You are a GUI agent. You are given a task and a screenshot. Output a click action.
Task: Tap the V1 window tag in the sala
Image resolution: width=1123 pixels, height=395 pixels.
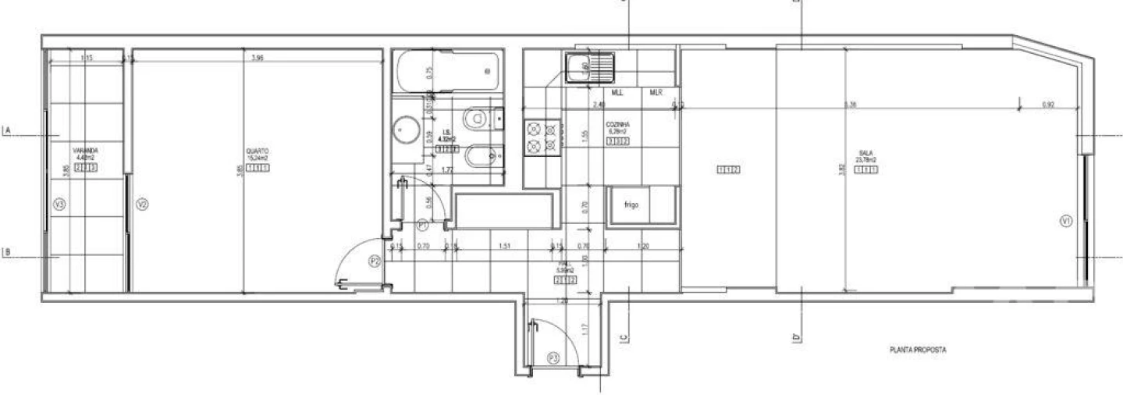[x=1066, y=221]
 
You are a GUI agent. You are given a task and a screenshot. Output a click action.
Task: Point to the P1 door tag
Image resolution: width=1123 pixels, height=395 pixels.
[x=422, y=225]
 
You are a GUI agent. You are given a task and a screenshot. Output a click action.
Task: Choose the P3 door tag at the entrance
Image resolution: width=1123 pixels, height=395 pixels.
[x=553, y=358]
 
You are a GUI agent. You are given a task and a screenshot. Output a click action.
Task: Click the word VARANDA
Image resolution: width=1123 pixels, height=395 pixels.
[x=85, y=150]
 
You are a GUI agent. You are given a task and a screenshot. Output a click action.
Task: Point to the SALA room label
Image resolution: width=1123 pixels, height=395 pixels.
[x=865, y=153]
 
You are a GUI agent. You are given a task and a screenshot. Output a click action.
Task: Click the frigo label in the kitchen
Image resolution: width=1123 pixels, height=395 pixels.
[x=631, y=205]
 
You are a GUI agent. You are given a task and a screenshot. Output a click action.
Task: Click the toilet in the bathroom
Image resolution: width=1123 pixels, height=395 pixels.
[x=480, y=119]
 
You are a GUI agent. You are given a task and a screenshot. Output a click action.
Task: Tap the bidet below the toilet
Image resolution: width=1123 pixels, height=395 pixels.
[x=478, y=158]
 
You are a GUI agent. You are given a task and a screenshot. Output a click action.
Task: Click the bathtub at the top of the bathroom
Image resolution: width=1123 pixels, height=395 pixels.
[x=447, y=71]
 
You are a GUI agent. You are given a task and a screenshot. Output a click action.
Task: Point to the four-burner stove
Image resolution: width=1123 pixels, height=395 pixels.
[x=542, y=135]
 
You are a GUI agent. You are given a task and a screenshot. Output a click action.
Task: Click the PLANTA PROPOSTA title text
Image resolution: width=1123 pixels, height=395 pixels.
[x=918, y=351]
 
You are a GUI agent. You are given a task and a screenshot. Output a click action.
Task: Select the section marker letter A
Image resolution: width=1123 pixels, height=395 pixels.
[x=7, y=131]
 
